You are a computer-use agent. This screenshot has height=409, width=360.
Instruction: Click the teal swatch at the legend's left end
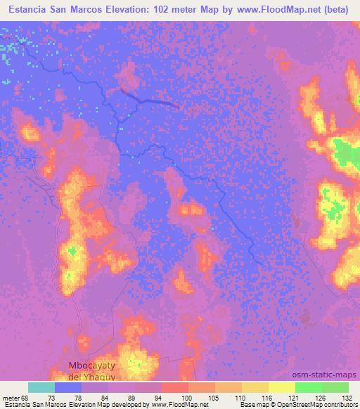(x=41, y=387)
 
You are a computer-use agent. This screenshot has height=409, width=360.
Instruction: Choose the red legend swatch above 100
(x=174, y=387)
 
